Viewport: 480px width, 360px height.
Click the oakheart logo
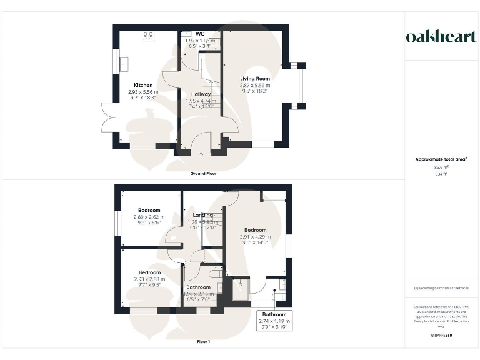[x=441, y=37]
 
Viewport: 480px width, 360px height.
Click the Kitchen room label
[x=143, y=85]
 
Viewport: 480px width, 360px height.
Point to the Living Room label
[x=255, y=78]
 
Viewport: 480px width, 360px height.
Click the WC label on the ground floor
[x=200, y=34]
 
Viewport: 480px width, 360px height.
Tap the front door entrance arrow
[x=201, y=154]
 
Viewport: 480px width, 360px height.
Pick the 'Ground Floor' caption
[x=203, y=173]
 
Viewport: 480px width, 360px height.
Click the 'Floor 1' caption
[x=203, y=342]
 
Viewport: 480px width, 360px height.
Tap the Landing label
[x=202, y=215]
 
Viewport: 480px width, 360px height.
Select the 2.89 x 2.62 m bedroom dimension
[x=149, y=217]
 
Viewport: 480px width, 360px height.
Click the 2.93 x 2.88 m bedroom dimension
[x=149, y=279]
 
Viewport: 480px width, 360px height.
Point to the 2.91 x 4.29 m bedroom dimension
[x=256, y=237]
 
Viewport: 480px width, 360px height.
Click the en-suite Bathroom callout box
[x=274, y=320]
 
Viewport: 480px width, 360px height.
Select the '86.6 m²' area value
[x=441, y=167]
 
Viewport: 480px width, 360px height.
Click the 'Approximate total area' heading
[x=441, y=159]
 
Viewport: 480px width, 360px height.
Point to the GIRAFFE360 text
[x=441, y=336]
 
